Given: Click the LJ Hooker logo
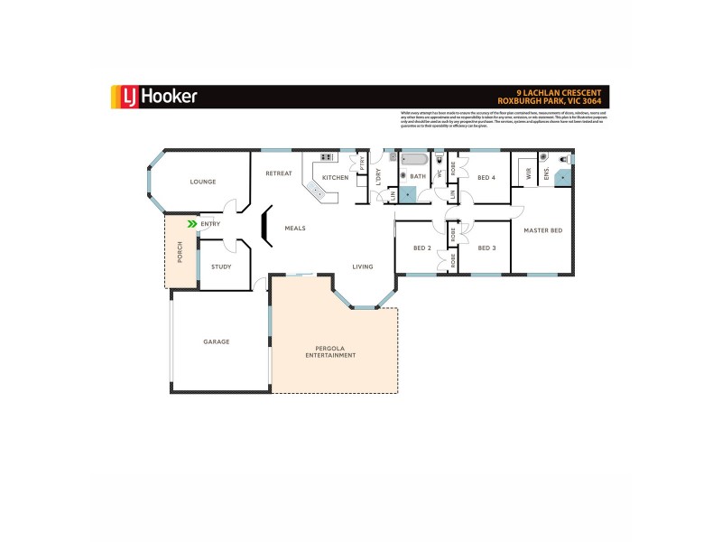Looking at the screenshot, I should [x=153, y=96].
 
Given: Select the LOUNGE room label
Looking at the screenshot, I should [x=203, y=182].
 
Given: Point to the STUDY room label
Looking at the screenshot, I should [x=221, y=266].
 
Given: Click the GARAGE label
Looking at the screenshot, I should [x=216, y=341].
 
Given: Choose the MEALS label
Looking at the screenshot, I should [x=295, y=229].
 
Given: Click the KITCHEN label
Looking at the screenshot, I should [x=335, y=177].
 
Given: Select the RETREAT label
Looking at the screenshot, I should [x=278, y=173].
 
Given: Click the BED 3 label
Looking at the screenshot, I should [x=487, y=248].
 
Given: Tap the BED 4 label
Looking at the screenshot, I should [x=486, y=177].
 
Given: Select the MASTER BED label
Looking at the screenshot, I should [x=543, y=230].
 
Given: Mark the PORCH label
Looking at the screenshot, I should [x=180, y=252].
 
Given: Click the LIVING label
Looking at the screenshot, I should [x=363, y=266].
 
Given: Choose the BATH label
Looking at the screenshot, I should [x=418, y=177].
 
